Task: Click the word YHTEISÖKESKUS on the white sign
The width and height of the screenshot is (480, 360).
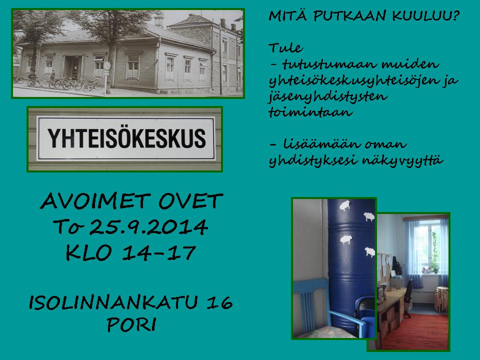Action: [x=126, y=138]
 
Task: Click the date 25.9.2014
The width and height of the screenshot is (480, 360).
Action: [x=149, y=227]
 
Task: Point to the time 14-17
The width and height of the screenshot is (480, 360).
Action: [x=159, y=253]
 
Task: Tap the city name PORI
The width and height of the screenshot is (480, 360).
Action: [x=131, y=325]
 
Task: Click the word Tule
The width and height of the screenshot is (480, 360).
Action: [x=285, y=48]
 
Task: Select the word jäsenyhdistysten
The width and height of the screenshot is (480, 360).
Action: [x=328, y=97]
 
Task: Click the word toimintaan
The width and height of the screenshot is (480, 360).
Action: [x=310, y=112]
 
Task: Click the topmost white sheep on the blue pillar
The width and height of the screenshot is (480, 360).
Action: [x=345, y=205]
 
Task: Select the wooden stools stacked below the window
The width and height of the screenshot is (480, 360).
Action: [x=441, y=299]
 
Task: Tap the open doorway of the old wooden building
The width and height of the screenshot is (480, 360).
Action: [x=72, y=67]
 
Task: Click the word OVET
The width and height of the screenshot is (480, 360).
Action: [x=190, y=201]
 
